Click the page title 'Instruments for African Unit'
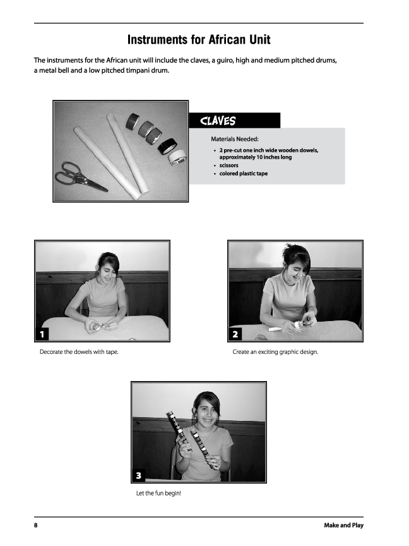(199, 40)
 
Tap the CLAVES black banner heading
(218, 121)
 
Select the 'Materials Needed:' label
(235, 139)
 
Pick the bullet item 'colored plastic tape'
(243, 173)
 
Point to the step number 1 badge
(42, 334)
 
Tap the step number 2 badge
(235, 334)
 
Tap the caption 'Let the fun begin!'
(158, 493)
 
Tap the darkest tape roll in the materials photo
(166, 147)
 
